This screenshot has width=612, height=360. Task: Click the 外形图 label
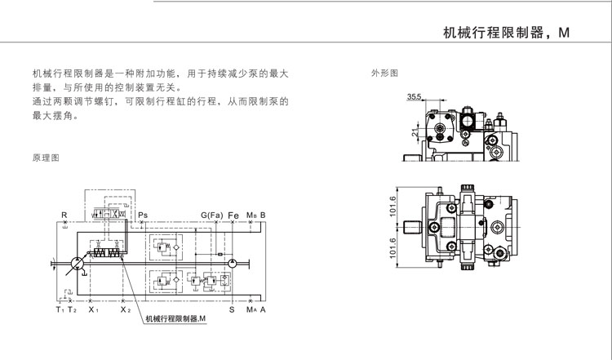click(384, 73)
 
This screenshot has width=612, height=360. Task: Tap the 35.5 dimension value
click(414, 97)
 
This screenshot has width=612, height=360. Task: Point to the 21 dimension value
click(414, 131)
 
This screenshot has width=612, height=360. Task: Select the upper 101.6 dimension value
click(394, 209)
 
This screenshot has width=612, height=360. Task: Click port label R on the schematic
click(64, 215)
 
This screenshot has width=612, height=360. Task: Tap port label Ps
click(143, 215)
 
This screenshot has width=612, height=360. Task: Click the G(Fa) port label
click(211, 215)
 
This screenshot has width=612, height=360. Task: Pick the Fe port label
click(233, 215)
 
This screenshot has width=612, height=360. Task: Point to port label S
click(232, 311)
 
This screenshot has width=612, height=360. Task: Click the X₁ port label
click(94, 311)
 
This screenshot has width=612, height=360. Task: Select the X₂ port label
click(125, 311)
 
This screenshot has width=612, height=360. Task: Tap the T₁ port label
click(60, 311)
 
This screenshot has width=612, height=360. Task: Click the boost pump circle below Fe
click(233, 263)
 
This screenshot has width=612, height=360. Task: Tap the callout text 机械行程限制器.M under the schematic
click(174, 318)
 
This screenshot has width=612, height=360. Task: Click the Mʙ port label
click(251, 215)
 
